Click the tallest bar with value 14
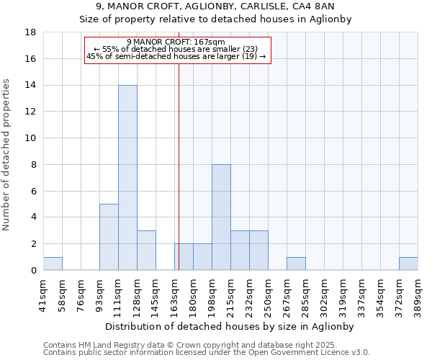click(127, 178)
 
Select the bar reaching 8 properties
click(221, 217)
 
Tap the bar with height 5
click(109, 237)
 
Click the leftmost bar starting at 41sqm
click(53, 264)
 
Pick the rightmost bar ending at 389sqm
click(408, 264)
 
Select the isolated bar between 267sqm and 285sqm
click(296, 264)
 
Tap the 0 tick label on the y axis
click(34, 271)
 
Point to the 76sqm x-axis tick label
click(81, 292)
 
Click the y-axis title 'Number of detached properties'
click(6, 155)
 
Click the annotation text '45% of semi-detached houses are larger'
click(176, 56)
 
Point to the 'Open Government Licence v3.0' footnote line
click(207, 352)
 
